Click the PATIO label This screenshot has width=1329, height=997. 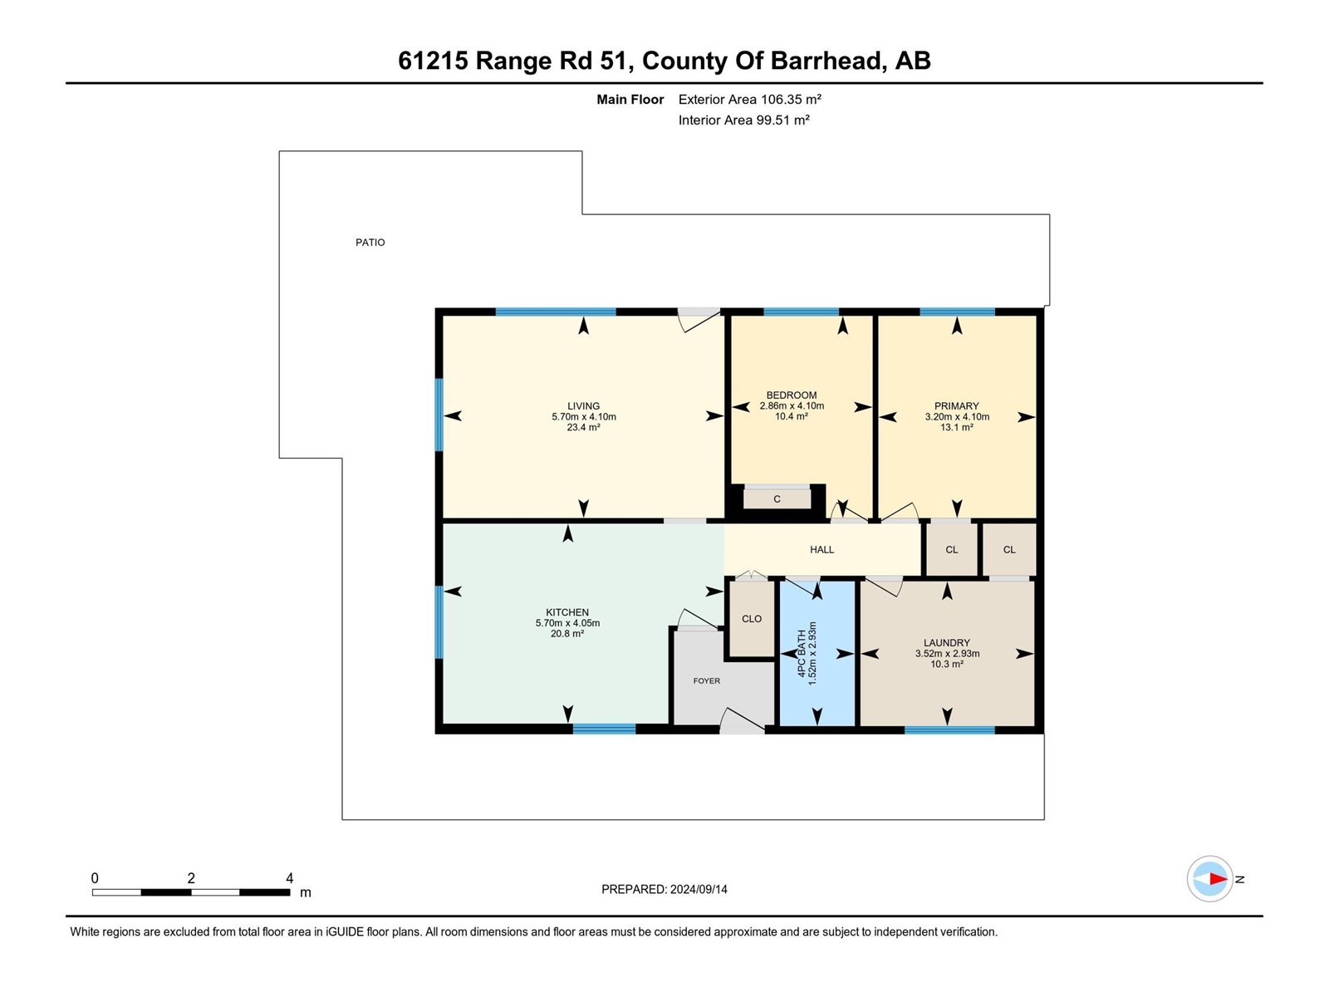pos(370,243)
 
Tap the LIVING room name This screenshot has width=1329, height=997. pos(583,406)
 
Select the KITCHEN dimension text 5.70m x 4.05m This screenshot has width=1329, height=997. pos(567,623)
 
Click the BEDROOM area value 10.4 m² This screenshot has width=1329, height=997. pos(791,416)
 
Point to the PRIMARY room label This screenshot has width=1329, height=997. pos(956,406)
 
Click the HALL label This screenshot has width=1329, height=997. pos(821,550)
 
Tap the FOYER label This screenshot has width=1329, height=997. pos(707,681)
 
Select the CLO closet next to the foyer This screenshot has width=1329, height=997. pos(752,619)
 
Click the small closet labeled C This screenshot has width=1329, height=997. pos(777,499)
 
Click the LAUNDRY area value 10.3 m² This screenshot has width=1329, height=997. pos(947,664)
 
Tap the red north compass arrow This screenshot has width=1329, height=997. pos(1217,879)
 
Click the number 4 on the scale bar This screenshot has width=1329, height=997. pos(289,878)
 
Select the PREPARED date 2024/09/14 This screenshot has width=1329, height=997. pos(699,889)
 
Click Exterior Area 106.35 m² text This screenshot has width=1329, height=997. pos(749,100)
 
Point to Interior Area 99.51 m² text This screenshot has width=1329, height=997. pos(743,120)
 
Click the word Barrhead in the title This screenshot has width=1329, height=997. pos(826,61)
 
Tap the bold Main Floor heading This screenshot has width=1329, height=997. pos(630,100)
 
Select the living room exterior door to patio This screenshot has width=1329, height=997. pos(699,319)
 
